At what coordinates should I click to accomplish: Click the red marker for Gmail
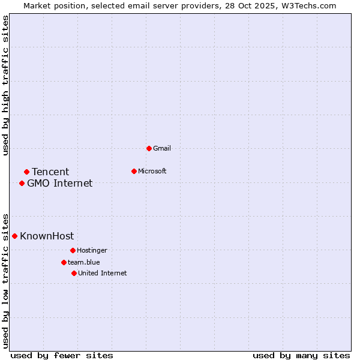[149, 148]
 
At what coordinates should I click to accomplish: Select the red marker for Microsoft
[134, 171]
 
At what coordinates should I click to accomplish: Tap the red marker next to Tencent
[26, 172]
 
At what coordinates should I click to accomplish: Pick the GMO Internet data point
[22, 183]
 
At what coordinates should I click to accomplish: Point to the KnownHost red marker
[14, 236]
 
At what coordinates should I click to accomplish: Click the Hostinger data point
[73, 250]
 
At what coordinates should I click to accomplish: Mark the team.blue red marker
[64, 262]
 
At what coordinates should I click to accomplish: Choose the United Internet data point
[74, 273]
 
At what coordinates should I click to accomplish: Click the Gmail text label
[162, 148]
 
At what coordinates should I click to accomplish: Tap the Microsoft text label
[152, 171]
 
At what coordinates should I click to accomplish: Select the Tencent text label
[50, 172]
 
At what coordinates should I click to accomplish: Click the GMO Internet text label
[60, 183]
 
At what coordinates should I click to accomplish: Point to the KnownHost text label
[47, 236]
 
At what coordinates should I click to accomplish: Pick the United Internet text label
[103, 273]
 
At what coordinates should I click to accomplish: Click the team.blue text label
[84, 262]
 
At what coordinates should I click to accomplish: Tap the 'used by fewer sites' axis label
[62, 355]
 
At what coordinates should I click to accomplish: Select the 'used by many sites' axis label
[301, 355]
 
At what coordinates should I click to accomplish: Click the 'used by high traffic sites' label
[6, 85]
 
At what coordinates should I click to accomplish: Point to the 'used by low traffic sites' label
[6, 280]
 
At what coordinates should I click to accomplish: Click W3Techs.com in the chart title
[307, 5]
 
